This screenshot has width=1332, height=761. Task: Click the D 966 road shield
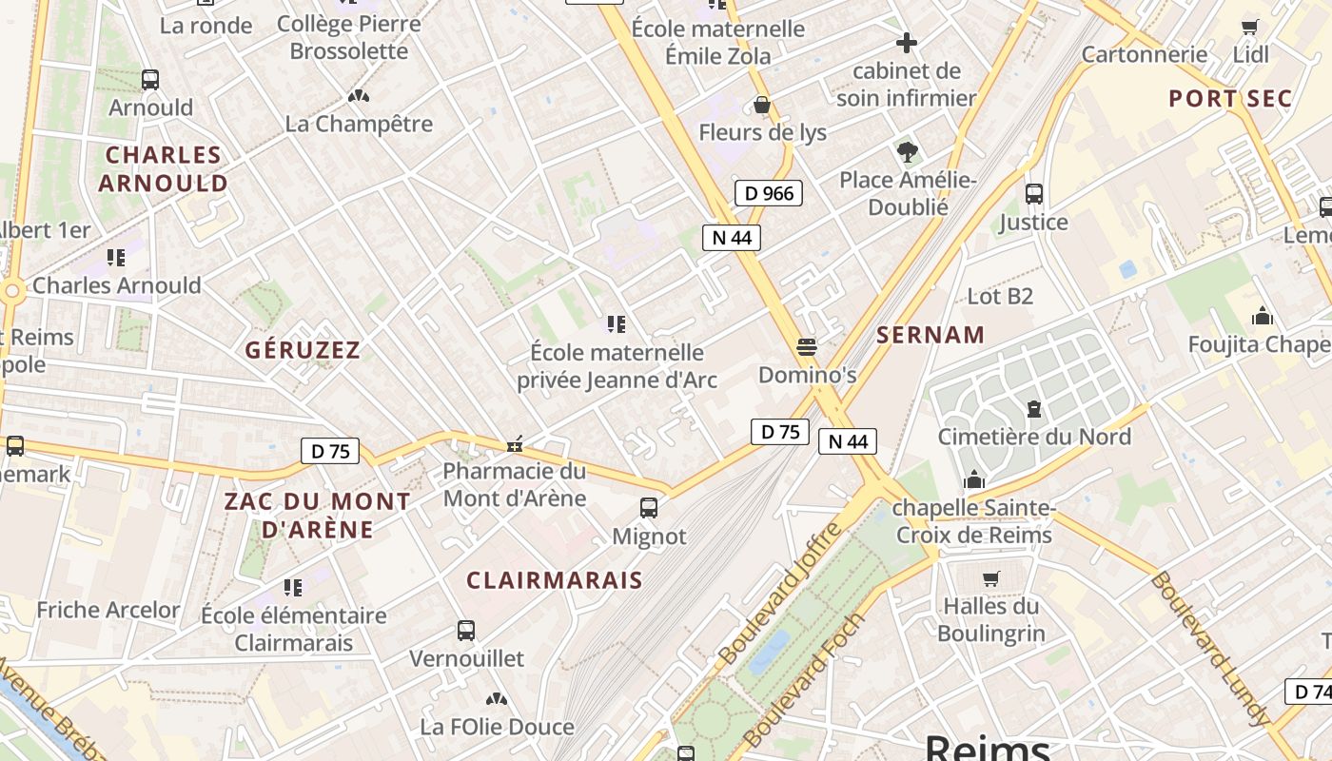point(769,194)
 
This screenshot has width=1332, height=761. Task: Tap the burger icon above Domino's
point(807,347)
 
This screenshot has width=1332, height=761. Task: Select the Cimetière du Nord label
point(1034,437)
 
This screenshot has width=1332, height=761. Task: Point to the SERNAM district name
point(930,335)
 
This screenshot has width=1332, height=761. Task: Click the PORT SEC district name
point(1230,99)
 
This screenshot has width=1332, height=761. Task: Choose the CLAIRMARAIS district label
point(555,580)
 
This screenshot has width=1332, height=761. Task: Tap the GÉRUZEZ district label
point(304,350)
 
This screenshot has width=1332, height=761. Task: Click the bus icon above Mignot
point(649,508)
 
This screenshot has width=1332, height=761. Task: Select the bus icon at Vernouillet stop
point(466,630)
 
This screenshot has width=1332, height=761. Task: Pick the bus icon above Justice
point(1034,194)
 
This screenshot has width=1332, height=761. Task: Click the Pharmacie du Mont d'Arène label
point(515,484)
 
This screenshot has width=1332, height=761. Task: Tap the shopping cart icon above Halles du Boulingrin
point(990,578)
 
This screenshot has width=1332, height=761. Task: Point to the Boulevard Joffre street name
point(781,594)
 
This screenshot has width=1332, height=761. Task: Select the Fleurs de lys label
point(762,132)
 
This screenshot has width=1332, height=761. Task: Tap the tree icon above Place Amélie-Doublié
point(908,151)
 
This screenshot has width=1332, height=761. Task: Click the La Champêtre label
point(359,124)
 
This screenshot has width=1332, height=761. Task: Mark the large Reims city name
point(988,747)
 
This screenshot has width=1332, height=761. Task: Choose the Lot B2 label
point(999,297)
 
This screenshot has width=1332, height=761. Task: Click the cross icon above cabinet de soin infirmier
point(907,43)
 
